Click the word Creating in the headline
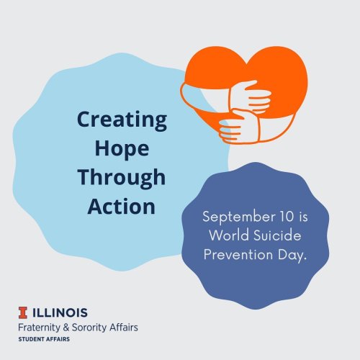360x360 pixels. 122,120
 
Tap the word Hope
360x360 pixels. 122,149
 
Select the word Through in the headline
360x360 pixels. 122,179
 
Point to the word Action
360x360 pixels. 121,207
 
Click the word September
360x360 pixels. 238,217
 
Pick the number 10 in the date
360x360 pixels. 287,216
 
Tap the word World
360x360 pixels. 229,235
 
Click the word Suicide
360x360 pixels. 277,235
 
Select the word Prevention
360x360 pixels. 238,254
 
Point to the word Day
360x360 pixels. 292,255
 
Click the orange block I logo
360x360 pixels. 23,312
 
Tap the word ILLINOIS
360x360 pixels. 60,312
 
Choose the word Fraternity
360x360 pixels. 39,328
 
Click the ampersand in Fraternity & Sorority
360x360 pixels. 66,328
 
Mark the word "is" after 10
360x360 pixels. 303,217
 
